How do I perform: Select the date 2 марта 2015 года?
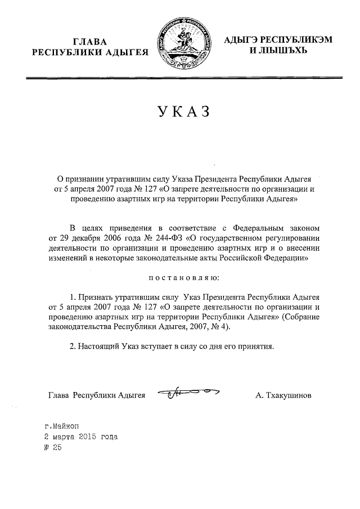coord(81,437)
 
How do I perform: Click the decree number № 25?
coord(52,448)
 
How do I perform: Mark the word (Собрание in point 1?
coord(301,316)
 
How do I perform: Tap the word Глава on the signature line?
coord(60,395)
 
